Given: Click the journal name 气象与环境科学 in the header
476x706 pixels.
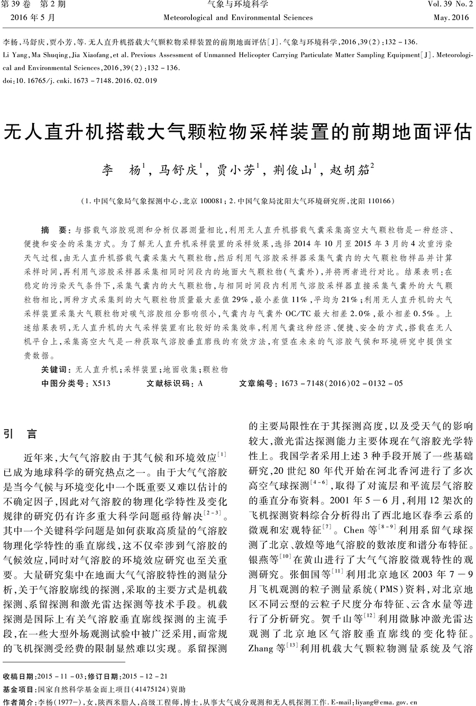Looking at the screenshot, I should (x=238, y=5).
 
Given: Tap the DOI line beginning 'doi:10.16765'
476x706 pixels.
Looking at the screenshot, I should (x=80, y=81).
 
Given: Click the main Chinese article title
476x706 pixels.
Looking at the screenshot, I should (x=237, y=133).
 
